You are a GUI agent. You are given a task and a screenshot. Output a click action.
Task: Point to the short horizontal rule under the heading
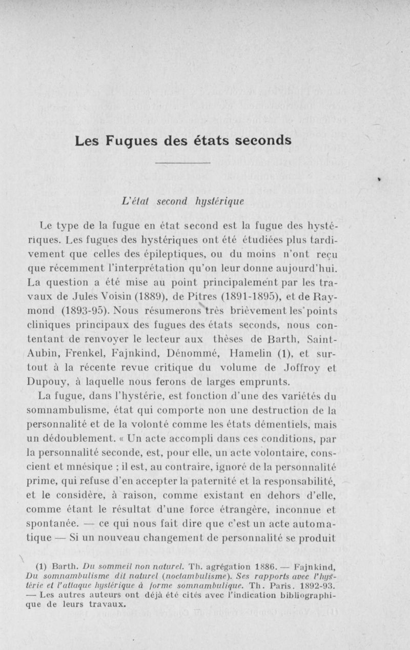coord(182,164)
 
